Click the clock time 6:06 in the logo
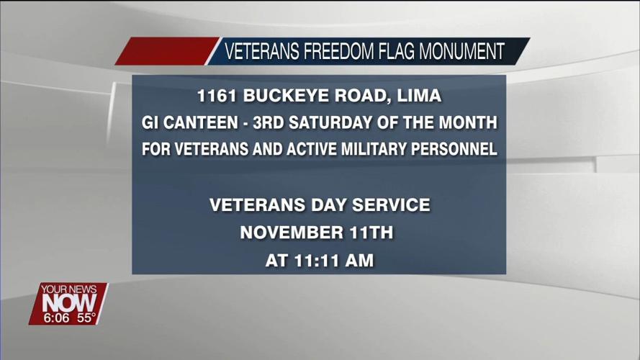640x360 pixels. pyautogui.click(x=56, y=318)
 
